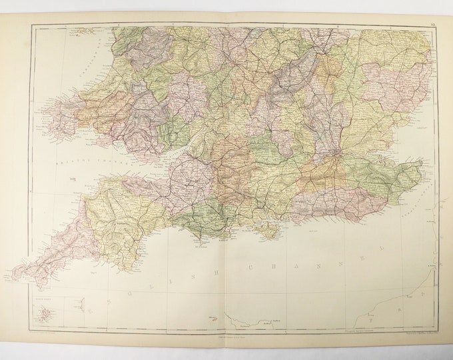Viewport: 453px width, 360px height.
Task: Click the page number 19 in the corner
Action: (433, 23)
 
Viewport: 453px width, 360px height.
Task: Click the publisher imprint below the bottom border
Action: (226, 340)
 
